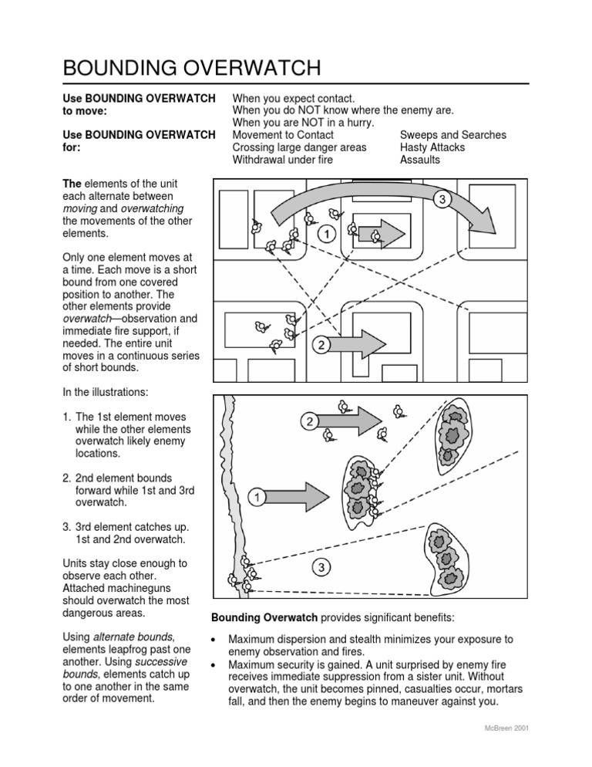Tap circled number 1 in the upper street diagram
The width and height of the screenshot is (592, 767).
click(328, 232)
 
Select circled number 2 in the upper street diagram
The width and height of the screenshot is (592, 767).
click(319, 346)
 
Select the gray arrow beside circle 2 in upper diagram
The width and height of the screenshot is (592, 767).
click(366, 342)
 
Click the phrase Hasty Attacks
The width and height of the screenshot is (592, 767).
click(431, 147)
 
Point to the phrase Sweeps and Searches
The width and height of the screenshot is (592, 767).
click(453, 135)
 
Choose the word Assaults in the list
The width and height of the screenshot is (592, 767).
click(420, 160)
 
